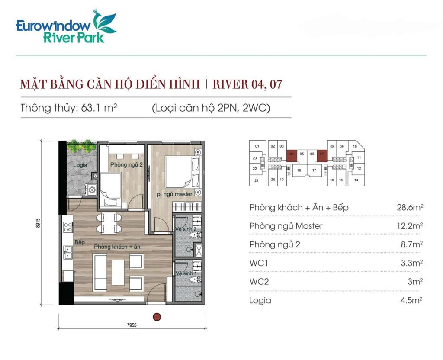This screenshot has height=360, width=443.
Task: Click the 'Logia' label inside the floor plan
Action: pos(80,165)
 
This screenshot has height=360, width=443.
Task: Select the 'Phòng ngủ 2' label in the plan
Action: pos(126,164)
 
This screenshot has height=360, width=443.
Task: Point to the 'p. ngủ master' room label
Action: pos(174,194)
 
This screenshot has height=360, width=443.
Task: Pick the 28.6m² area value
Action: pos(410,207)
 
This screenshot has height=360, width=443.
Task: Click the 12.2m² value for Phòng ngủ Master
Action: pos(410,226)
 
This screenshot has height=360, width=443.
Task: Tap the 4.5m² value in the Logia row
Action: pos(411,300)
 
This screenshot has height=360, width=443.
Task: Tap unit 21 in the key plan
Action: pos(257,180)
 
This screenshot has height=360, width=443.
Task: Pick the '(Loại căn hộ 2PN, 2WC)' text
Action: pos(211,108)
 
